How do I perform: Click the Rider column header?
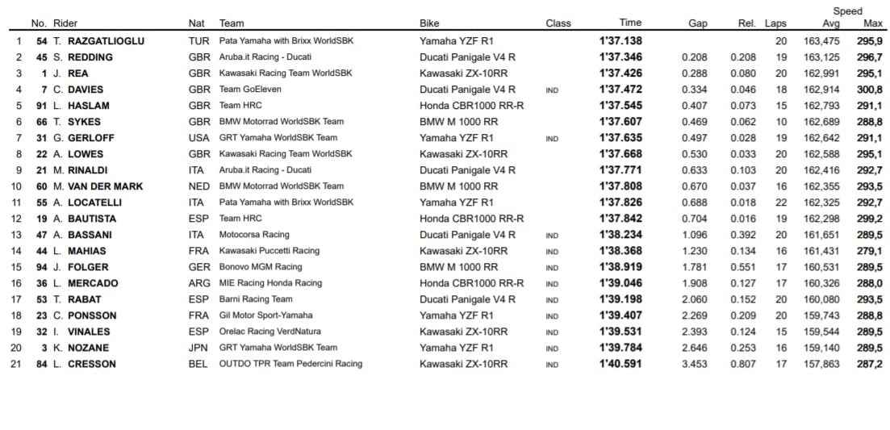pyautogui.click(x=65, y=23)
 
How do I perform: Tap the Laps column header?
pyautogui.click(x=775, y=23)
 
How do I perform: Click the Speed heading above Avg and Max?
pyautogui.click(x=847, y=11)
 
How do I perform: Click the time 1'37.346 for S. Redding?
pyautogui.click(x=620, y=57)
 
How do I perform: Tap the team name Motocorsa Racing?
pyautogui.click(x=254, y=235)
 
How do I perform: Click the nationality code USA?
pyautogui.click(x=198, y=138)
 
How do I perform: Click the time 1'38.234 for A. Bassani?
pyautogui.click(x=620, y=235)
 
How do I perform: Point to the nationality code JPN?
pyautogui.click(x=198, y=348)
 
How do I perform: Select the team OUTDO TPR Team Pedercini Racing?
pyautogui.click(x=290, y=364)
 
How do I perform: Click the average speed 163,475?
pyautogui.click(x=822, y=41)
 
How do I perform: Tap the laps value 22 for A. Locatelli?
pyautogui.click(x=780, y=202)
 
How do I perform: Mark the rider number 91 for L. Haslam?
pyautogui.click(x=42, y=106)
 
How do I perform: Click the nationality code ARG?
pyautogui.click(x=198, y=283)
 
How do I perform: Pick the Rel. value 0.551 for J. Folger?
pyautogui.click(x=742, y=267)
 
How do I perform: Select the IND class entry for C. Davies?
pyautogui.click(x=552, y=90)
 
